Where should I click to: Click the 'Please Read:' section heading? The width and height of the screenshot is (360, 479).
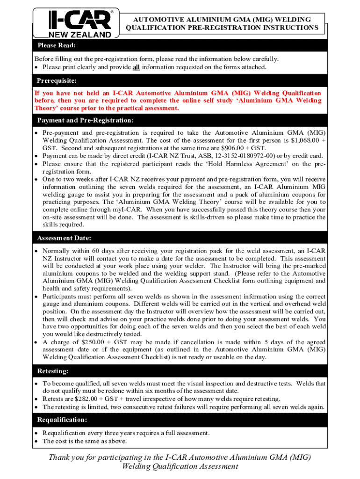pyautogui.click(x=56, y=45)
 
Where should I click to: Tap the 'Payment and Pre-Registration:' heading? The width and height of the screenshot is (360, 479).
pyautogui.click(x=85, y=121)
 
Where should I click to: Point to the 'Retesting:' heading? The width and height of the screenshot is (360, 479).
pyautogui.click(x=54, y=371)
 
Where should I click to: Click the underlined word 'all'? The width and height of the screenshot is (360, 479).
pyautogui.click(x=136, y=67)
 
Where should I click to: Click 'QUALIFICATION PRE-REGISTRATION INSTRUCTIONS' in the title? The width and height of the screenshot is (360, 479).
pyautogui.click(x=222, y=28)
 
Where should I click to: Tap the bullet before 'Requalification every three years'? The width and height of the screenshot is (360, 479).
pyautogui.click(x=36, y=433)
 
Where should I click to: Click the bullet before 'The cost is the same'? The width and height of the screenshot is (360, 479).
pyautogui.click(x=36, y=441)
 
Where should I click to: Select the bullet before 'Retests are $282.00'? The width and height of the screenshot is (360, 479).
pyautogui.click(x=36, y=399)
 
